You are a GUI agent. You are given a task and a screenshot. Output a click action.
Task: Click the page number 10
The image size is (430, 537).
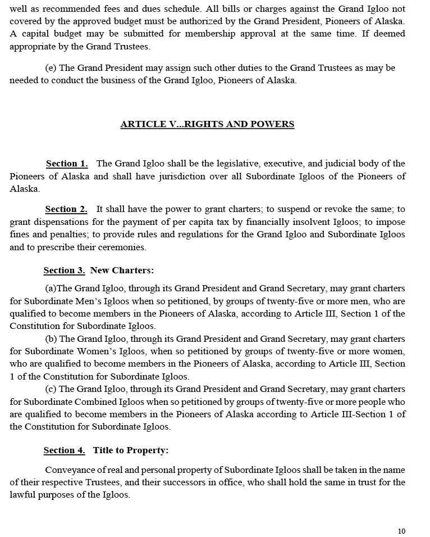click(401, 531)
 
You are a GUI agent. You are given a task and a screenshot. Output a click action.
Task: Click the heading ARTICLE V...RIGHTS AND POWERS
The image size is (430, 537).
click(207, 124)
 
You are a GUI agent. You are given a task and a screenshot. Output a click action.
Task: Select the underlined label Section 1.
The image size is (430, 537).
click(67, 164)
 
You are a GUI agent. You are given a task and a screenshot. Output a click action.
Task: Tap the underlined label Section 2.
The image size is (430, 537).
click(66, 209)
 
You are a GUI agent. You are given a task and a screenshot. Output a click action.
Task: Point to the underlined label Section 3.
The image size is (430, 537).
click(64, 270)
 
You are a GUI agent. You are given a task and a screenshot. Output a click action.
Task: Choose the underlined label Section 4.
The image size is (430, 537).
click(64, 450)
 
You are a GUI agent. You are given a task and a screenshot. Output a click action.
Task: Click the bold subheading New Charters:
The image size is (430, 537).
click(122, 270)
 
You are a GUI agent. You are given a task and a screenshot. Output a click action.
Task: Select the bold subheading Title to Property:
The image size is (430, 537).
click(131, 450)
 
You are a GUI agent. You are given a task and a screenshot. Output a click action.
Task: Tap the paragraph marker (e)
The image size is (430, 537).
click(51, 68)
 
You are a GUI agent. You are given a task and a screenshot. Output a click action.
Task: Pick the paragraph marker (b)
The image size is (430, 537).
click(51, 339)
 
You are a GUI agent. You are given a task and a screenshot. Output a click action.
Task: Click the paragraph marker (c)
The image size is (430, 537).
click(51, 389)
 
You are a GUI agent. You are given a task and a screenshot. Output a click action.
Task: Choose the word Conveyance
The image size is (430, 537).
click(72, 470)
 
